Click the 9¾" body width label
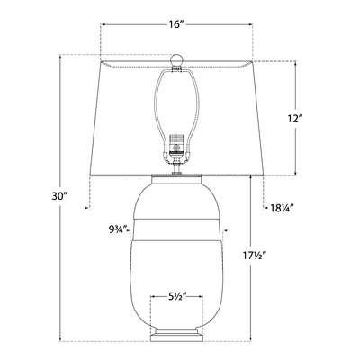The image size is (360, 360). click(x=115, y=229)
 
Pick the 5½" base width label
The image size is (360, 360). click(x=176, y=294)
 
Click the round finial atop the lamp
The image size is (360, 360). click(x=176, y=57)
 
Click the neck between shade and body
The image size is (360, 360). click(x=176, y=177)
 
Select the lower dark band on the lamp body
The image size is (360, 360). click(x=176, y=241)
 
